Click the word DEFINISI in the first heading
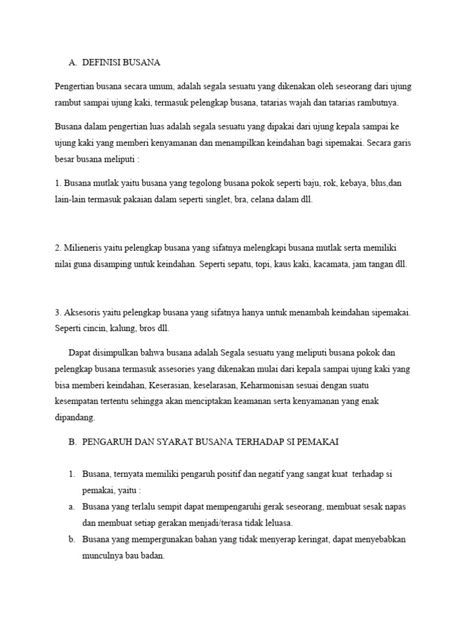(x=101, y=63)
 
